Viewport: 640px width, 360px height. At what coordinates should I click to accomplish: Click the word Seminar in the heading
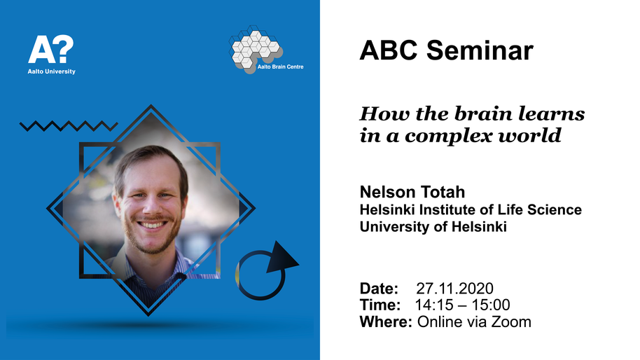[x=480, y=50]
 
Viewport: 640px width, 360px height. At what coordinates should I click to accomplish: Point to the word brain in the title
[x=483, y=113]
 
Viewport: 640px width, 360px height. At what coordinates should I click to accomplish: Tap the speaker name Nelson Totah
[x=412, y=192]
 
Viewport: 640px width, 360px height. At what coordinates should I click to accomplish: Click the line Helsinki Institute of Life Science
[x=471, y=210]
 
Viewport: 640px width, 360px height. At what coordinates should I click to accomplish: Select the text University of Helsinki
[x=433, y=226]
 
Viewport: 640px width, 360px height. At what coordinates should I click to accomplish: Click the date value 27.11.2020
[x=454, y=289]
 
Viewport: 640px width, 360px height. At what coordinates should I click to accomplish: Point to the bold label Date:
[x=379, y=289]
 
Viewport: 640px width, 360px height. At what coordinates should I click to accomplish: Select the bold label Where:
[x=386, y=322]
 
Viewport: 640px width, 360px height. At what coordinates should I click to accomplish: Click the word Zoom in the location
[x=511, y=322]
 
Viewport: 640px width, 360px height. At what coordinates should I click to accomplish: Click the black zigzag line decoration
[x=69, y=125]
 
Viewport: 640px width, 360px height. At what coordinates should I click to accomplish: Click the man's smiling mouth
[x=152, y=225]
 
